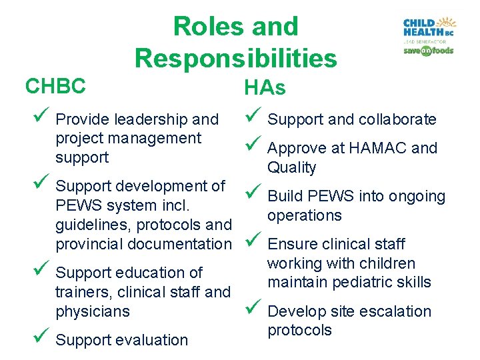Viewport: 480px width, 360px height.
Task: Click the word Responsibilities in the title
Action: coord(236,59)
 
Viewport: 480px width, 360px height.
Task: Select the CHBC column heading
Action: coord(55,86)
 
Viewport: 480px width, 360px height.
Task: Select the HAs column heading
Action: coord(265,88)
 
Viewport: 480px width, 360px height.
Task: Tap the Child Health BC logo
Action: coord(428,28)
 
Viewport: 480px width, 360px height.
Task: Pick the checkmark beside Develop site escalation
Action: coord(251,309)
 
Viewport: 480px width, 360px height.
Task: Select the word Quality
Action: coord(292,167)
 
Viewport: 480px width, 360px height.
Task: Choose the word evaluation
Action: coord(152,340)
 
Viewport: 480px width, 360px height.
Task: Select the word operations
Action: coord(305,215)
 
